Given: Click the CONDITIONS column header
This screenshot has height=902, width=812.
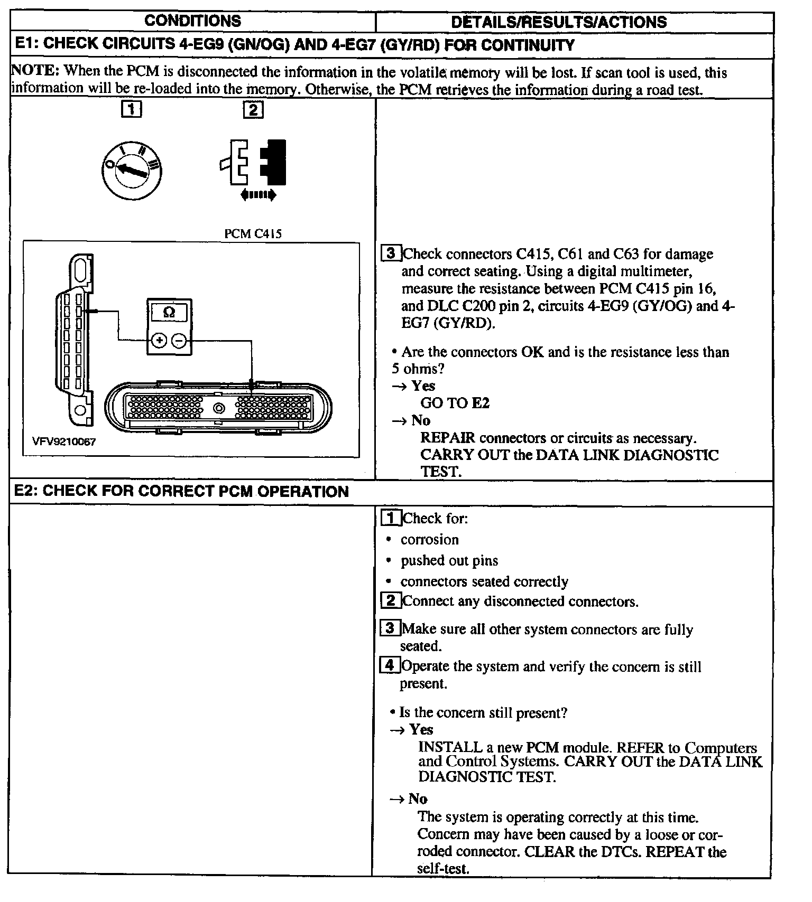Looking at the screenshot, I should coord(192,21).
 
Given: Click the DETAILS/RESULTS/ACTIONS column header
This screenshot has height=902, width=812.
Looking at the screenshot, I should coord(559,22).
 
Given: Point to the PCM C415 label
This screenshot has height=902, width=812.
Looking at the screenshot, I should coord(253,234).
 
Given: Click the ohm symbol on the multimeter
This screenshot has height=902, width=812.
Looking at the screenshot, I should coord(169,313).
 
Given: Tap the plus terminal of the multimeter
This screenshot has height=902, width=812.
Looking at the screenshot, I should coord(159,341).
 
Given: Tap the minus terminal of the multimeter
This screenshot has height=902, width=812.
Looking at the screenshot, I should coord(179,341).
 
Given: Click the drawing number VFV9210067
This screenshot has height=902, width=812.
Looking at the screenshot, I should coord(64,441).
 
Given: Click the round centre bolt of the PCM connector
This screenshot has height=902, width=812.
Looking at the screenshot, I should coord(218,408).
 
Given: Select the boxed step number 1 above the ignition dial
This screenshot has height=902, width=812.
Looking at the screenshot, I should coord(132,110).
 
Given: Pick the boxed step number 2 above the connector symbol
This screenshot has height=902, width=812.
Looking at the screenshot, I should coord(253,110).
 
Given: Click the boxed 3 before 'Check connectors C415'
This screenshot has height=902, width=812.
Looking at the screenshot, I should coord(391,253).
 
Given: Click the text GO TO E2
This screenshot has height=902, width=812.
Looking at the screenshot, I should coord(455,403).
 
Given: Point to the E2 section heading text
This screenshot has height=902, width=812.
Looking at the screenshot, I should coord(181,492).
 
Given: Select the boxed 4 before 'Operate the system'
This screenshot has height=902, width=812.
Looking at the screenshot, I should coord(390,665).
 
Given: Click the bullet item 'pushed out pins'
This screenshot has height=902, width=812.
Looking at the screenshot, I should coord(449,561).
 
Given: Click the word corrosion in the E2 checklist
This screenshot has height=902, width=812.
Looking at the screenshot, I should coord(429,540).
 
